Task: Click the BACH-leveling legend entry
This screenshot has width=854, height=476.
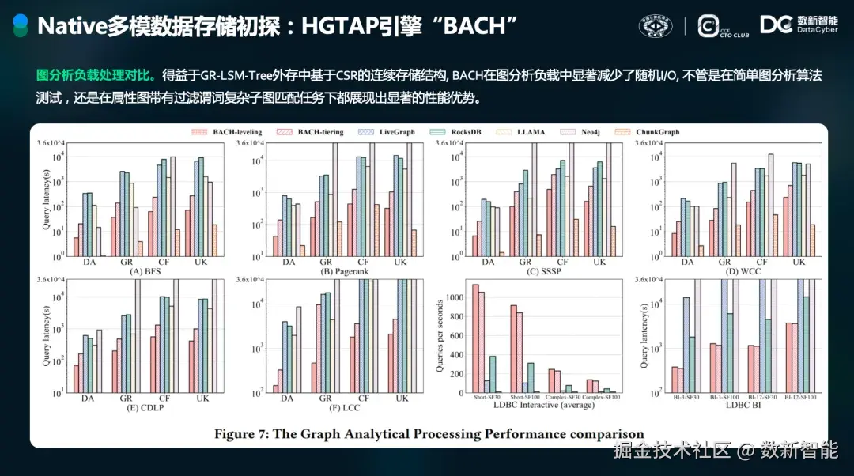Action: click(x=234, y=132)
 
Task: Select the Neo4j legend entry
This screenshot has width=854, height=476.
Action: click(x=588, y=132)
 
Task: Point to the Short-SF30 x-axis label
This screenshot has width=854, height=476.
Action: click(x=486, y=398)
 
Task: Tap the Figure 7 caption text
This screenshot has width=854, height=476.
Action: click(x=429, y=433)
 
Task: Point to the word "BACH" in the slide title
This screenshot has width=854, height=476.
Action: click(x=479, y=26)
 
